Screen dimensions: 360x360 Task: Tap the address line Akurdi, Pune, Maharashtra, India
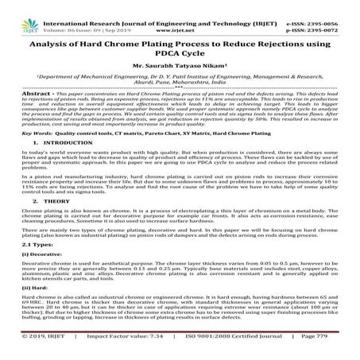tap(180, 82)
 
